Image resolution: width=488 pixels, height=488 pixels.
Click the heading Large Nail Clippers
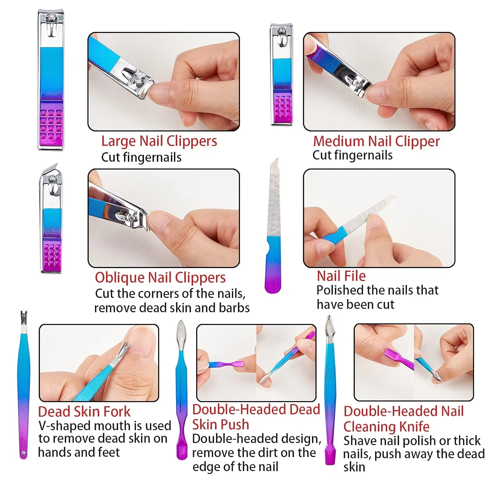[x=159, y=142]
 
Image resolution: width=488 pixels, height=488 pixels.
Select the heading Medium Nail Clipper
[x=376, y=142]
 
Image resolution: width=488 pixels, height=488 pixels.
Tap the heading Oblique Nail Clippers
[x=160, y=278]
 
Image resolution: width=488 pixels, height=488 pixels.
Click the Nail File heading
[x=341, y=276]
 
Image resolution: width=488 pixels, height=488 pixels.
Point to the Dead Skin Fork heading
[x=84, y=412]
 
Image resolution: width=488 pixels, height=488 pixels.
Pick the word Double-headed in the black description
[x=235, y=439]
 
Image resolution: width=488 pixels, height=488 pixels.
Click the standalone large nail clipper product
[x=51, y=80]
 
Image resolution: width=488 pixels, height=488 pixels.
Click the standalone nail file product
[x=274, y=226]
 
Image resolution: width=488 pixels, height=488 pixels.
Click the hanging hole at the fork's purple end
[x=23, y=453]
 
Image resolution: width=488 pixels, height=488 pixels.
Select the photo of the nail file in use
[x=379, y=218]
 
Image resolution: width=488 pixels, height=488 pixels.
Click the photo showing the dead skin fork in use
[x=99, y=363]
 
